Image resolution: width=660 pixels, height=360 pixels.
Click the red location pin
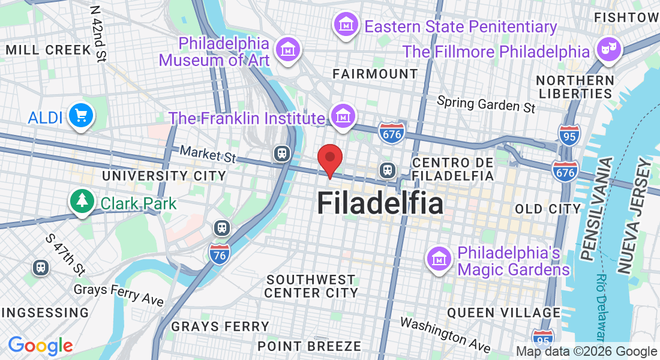[x=329, y=159]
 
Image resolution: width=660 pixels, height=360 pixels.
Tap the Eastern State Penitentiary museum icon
[x=346, y=25]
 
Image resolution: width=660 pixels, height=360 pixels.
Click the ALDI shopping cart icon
[x=80, y=115]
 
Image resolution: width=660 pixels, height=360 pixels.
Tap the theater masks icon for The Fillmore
[x=610, y=47]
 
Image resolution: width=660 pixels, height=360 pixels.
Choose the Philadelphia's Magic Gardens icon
[x=439, y=258]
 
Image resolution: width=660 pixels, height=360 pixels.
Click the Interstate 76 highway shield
[x=220, y=255]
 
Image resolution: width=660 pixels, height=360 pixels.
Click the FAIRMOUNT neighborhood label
[x=376, y=74]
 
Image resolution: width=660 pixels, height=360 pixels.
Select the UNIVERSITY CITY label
[x=164, y=176]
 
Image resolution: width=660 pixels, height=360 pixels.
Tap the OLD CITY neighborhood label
[x=548, y=209]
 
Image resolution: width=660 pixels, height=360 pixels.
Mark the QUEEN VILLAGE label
[x=504, y=313]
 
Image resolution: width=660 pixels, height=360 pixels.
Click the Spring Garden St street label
[x=486, y=104]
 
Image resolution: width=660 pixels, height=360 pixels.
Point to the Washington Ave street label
[x=445, y=334]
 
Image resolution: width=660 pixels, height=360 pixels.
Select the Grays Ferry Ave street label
[x=119, y=293]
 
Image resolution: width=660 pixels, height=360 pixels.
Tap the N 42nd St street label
[x=98, y=34]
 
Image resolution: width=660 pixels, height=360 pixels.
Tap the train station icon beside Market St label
[x=281, y=154]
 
